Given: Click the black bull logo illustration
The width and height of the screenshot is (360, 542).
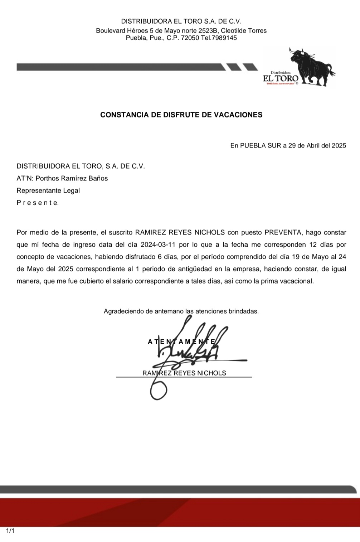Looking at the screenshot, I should [x=311, y=66].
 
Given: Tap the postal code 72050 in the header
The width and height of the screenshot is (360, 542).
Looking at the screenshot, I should [x=190, y=38].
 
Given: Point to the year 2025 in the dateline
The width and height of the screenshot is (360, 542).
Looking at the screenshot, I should [x=339, y=146].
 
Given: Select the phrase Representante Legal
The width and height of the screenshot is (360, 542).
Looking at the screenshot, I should [x=48, y=190].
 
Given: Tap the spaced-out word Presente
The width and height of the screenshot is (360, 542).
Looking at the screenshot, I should [x=38, y=203].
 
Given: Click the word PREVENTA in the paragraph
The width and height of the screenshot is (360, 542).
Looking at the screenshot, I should [x=283, y=232].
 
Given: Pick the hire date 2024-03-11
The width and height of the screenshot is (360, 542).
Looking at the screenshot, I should [x=158, y=245].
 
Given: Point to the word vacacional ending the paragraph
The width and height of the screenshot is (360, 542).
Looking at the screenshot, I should [x=297, y=281].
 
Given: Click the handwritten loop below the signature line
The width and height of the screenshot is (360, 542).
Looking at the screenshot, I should [x=158, y=391].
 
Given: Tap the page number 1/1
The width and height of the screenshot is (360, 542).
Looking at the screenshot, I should [x=10, y=531].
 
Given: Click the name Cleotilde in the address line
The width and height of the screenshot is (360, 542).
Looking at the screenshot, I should [x=234, y=31].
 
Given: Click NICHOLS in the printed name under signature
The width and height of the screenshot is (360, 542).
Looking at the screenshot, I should [x=214, y=373].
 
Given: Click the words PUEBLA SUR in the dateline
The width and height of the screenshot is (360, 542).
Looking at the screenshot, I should [x=261, y=146].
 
